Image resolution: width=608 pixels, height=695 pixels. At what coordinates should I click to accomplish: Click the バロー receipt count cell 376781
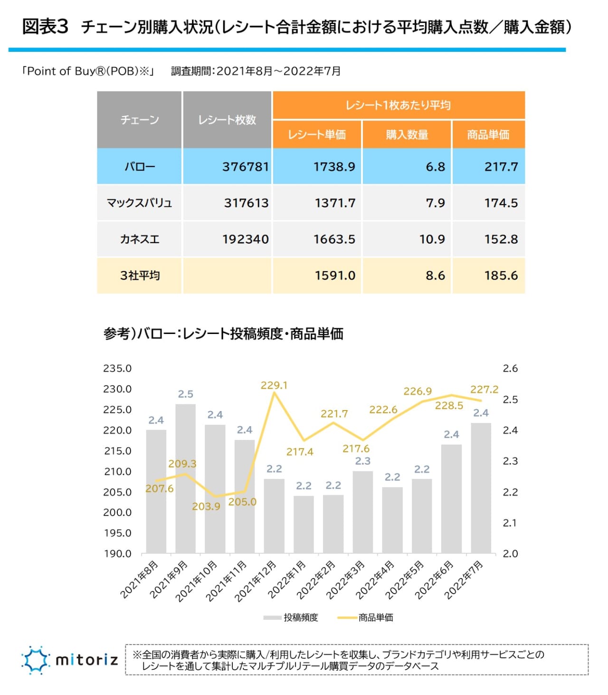[245, 166]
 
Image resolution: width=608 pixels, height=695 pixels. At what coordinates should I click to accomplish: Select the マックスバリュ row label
[139, 203]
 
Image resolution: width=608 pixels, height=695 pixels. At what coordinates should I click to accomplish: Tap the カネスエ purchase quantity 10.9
[432, 239]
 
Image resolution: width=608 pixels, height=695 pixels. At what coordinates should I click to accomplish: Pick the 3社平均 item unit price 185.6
[501, 275]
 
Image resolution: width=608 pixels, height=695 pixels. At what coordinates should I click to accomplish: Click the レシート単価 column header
[317, 135]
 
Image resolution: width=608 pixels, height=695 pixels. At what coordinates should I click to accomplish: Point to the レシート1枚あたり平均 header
[398, 105]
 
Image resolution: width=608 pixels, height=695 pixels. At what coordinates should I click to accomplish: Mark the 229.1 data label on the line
[274, 385]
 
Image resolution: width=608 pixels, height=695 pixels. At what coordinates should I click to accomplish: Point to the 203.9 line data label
[206, 506]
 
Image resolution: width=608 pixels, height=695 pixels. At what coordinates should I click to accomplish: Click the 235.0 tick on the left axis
[117, 368]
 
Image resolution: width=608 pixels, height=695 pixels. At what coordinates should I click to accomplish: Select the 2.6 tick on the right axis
[510, 368]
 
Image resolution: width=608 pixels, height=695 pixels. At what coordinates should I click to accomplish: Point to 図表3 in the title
[46, 27]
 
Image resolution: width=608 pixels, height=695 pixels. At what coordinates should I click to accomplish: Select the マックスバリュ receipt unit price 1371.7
[335, 203]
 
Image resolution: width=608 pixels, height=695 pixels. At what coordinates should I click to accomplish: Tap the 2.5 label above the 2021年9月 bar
[185, 394]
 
